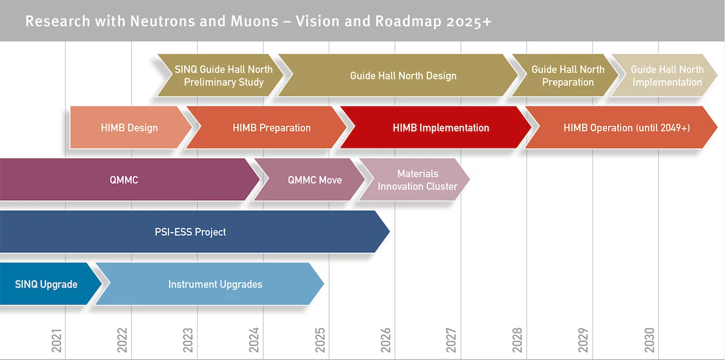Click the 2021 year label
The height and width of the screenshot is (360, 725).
click(x=56, y=341)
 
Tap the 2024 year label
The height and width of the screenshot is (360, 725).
click(x=254, y=341)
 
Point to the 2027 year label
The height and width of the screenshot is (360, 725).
click(x=451, y=341)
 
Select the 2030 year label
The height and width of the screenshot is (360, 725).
click(x=649, y=341)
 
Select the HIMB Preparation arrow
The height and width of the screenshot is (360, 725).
click(x=266, y=127)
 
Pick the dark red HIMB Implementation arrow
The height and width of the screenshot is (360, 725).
click(x=435, y=127)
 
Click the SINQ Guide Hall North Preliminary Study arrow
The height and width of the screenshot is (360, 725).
click(x=220, y=76)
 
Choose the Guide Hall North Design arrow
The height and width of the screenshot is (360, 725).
click(x=398, y=76)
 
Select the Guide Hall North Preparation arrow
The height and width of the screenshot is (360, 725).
click(x=565, y=76)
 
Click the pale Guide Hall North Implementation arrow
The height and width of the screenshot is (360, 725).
click(x=664, y=76)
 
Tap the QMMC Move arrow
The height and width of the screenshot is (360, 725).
click(x=309, y=179)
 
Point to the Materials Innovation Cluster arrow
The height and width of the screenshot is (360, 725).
click(x=414, y=179)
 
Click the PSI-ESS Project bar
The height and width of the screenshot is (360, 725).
click(x=194, y=232)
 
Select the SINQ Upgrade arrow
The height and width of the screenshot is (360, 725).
click(x=51, y=284)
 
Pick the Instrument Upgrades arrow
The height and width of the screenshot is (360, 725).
click(x=209, y=284)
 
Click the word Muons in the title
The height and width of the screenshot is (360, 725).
click(x=255, y=21)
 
